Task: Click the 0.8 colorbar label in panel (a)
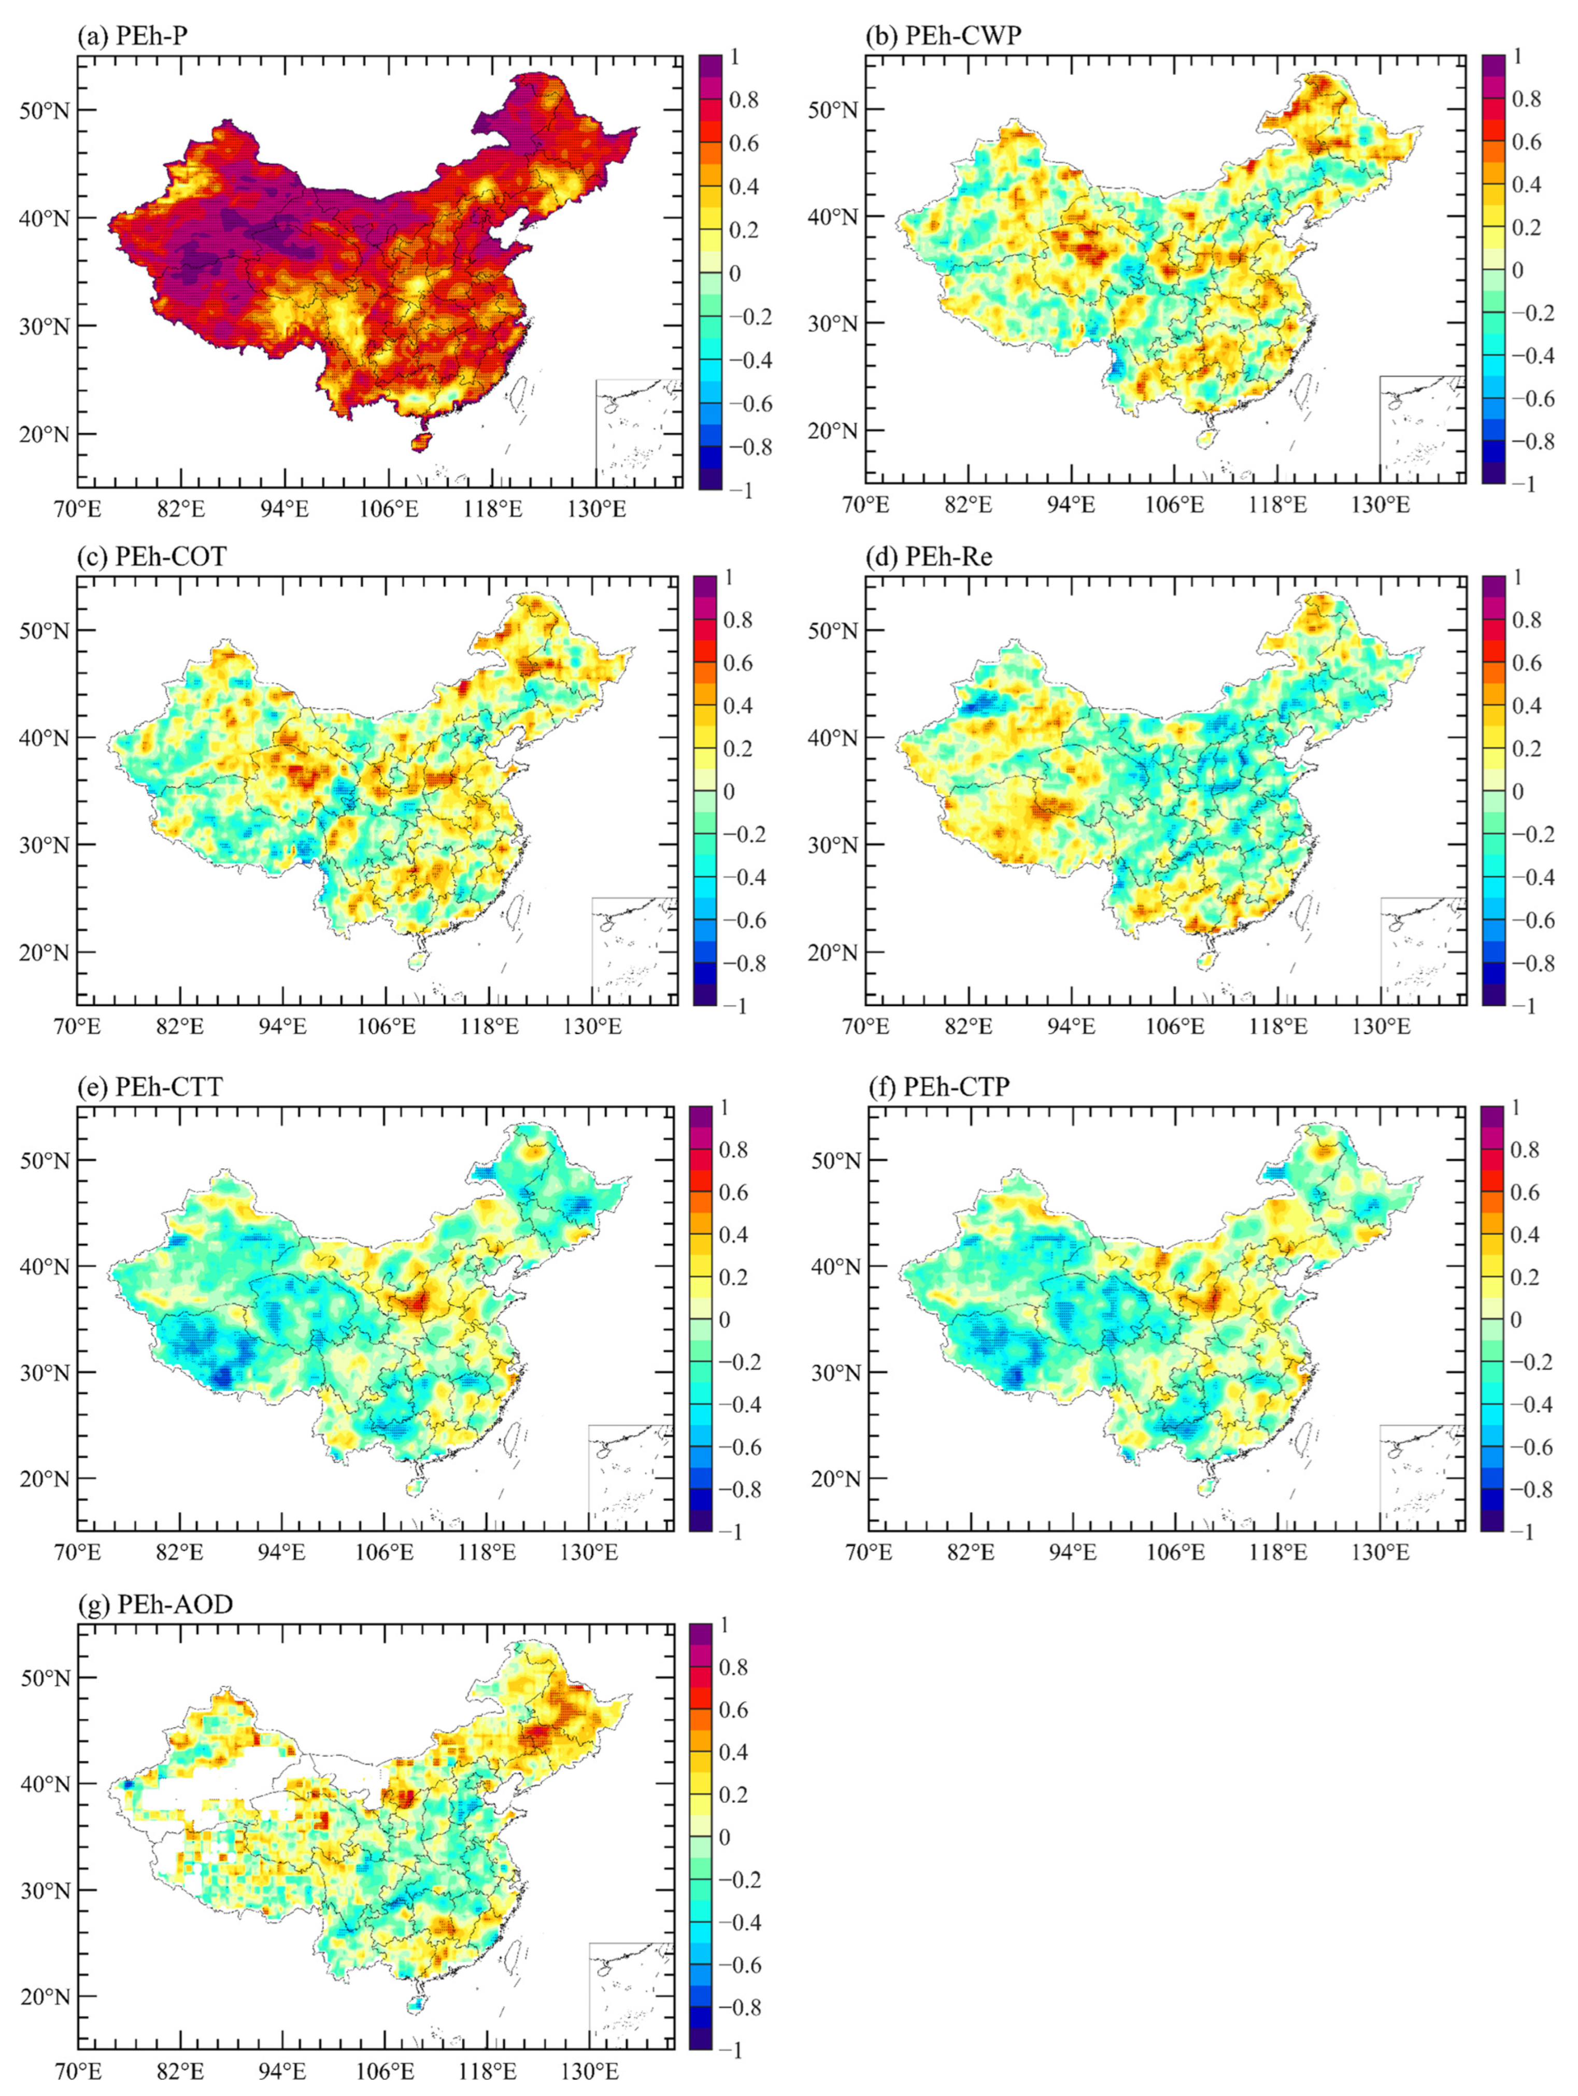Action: [x=743, y=99]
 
